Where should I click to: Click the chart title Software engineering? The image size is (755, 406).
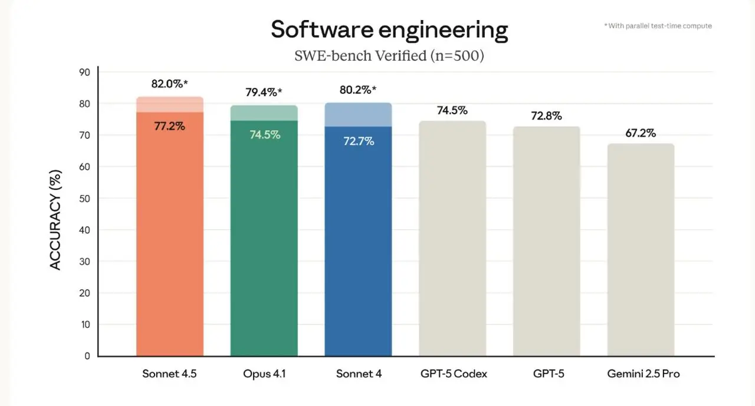point(389,29)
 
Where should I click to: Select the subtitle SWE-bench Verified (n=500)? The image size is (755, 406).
point(389,56)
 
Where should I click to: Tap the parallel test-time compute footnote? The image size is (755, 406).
point(658,26)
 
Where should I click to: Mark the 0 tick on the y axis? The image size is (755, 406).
point(87,356)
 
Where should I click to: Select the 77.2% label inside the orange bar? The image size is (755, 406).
point(170,126)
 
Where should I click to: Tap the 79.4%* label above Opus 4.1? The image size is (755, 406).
point(264,93)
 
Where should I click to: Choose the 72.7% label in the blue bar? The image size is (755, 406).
point(359,141)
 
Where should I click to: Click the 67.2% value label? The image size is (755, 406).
point(641,133)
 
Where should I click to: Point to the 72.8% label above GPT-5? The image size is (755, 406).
point(547,116)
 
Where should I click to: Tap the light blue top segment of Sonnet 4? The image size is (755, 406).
point(358,115)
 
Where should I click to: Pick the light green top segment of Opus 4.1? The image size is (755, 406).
point(264,113)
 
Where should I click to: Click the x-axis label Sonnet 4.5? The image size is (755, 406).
point(169,374)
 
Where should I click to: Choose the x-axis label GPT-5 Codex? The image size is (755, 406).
point(454,374)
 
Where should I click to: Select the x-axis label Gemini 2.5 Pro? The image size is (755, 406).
point(644,374)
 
